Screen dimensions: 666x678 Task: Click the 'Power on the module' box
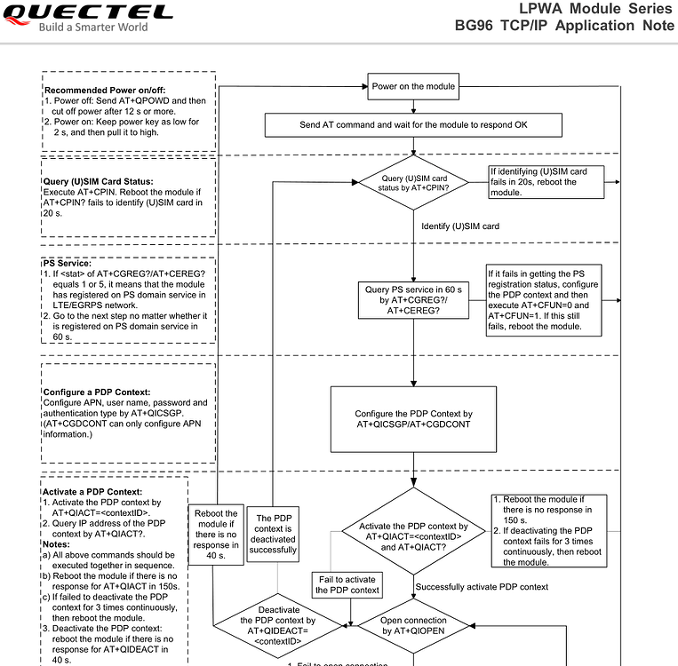413,86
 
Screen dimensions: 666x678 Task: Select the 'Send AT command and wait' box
413,125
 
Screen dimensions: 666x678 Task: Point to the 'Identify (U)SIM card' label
460,226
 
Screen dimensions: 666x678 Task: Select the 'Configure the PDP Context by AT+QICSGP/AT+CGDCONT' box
413,419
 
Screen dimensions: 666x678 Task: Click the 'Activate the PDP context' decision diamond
413,537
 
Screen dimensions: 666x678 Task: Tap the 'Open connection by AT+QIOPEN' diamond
414,625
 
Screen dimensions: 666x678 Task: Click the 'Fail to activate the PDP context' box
348,584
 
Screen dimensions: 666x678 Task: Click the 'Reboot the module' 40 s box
215,535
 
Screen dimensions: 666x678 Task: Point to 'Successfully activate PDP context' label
482,587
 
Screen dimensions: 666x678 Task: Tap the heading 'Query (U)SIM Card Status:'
98,182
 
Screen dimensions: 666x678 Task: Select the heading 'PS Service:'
67,263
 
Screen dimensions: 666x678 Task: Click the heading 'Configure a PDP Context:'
97,392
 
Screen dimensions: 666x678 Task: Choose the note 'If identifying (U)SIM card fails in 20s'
546,182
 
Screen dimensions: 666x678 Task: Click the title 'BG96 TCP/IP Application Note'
564,26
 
